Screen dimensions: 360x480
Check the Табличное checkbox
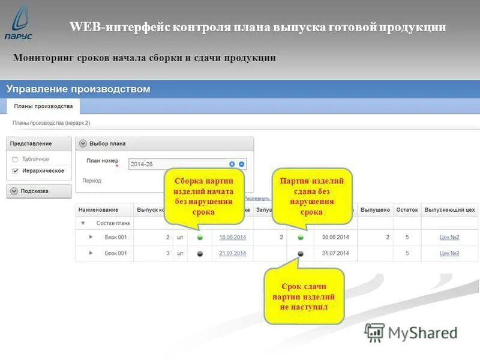pos(15,160)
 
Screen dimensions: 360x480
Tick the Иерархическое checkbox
pos(15,171)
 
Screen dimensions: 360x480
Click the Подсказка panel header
pos(39,191)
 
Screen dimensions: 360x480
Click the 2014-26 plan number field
pos(178,164)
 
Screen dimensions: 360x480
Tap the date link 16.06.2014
pos(232,238)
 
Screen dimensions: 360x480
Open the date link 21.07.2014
pos(232,253)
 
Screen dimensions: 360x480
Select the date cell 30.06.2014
pos(335,238)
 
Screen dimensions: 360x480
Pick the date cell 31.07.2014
pos(335,253)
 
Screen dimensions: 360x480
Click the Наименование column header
pos(98,210)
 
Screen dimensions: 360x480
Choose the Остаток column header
pos(407,210)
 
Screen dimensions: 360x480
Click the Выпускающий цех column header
pos(449,210)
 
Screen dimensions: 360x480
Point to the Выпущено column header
pos(376,210)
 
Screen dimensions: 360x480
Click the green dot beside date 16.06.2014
pos(200,238)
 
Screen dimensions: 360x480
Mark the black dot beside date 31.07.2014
pos(301,254)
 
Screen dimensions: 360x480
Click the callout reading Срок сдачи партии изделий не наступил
pos(304,296)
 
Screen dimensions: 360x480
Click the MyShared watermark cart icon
pos(375,332)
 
